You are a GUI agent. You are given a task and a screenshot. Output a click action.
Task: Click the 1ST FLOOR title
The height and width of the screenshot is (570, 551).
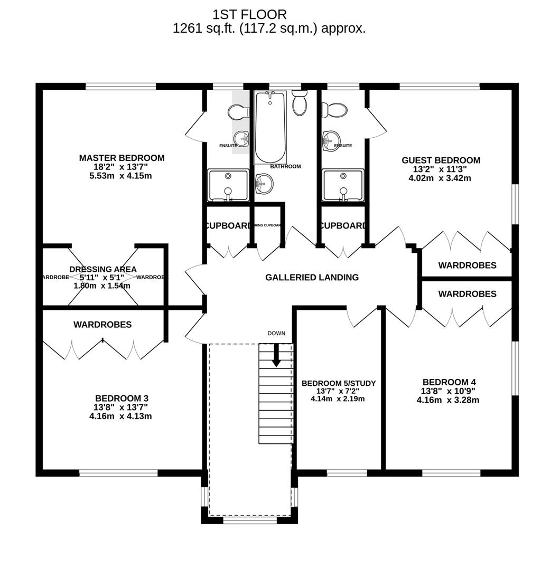pyautogui.click(x=249, y=14)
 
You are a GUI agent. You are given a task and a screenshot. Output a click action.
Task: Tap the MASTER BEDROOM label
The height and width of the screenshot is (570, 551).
pyautogui.click(x=122, y=158)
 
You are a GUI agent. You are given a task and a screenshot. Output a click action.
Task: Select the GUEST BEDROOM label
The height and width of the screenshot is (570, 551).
pyautogui.click(x=441, y=160)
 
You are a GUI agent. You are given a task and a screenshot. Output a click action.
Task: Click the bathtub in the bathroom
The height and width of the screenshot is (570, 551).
pyautogui.click(x=270, y=128)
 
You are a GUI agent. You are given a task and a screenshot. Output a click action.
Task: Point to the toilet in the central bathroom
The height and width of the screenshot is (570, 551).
pyautogui.click(x=300, y=102)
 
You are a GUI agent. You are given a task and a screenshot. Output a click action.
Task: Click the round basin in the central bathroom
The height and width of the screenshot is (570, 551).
pyautogui.click(x=264, y=184)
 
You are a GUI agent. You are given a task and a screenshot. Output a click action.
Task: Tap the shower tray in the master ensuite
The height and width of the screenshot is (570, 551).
pyautogui.click(x=228, y=185)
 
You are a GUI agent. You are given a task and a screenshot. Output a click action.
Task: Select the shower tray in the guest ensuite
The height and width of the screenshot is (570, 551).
pyautogui.click(x=343, y=185)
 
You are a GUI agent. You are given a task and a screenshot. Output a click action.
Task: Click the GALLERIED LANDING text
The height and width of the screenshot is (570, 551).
pyautogui.click(x=312, y=277)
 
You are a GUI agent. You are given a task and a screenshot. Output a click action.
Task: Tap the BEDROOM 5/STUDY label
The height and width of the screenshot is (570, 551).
pyautogui.click(x=338, y=383)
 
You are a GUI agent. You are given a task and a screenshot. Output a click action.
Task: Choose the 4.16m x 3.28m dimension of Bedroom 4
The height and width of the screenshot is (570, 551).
pyautogui.click(x=447, y=400)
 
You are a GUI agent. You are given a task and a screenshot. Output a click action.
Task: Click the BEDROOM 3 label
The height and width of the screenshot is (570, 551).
pyautogui.click(x=121, y=398)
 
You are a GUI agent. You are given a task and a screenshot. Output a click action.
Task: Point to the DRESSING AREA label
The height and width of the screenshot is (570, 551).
pyautogui.click(x=102, y=269)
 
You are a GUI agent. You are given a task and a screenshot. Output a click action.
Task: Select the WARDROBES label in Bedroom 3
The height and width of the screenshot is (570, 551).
pyautogui.click(x=102, y=325)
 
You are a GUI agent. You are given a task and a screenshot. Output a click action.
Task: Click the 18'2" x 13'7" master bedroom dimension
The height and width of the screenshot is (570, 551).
pyautogui.click(x=121, y=167)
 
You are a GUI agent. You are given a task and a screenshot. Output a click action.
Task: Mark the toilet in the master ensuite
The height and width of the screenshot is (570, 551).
pyautogui.click(x=238, y=111)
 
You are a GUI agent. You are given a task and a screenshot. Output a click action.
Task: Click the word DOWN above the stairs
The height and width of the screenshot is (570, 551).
pyautogui.click(x=276, y=333)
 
